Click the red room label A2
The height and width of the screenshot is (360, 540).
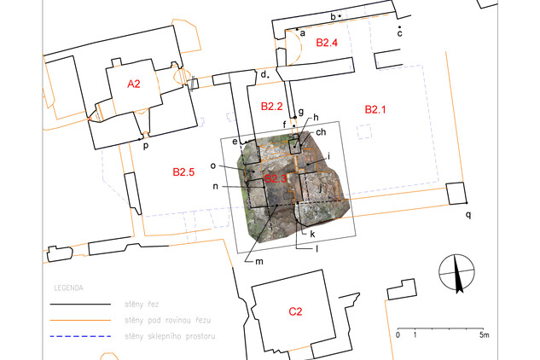click(134, 84)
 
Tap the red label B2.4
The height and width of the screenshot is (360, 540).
click(327, 43)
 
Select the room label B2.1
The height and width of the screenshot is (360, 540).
click(375, 109)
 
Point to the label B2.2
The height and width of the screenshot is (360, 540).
click(272, 106)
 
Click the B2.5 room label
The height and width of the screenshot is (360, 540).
click(183, 172)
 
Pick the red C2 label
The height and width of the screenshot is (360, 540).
click(295, 311)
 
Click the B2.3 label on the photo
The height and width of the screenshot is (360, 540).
click(276, 178)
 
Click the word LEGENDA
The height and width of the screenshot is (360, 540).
click(68, 288)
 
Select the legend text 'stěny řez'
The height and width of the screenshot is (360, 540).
click(142, 305)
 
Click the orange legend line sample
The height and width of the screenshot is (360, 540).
click(80, 321)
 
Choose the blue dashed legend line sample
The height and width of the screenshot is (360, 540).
click(80, 336)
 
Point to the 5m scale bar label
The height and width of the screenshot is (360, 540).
click(485, 335)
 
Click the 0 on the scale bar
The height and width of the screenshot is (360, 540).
click(398, 335)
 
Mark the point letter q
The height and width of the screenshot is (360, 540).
click(468, 215)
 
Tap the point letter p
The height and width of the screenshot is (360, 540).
click(146, 145)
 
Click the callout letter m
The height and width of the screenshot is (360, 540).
click(259, 262)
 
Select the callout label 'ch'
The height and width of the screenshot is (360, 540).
click(321, 132)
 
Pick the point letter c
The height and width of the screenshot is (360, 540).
click(399, 33)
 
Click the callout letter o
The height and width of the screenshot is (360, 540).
click(212, 166)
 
